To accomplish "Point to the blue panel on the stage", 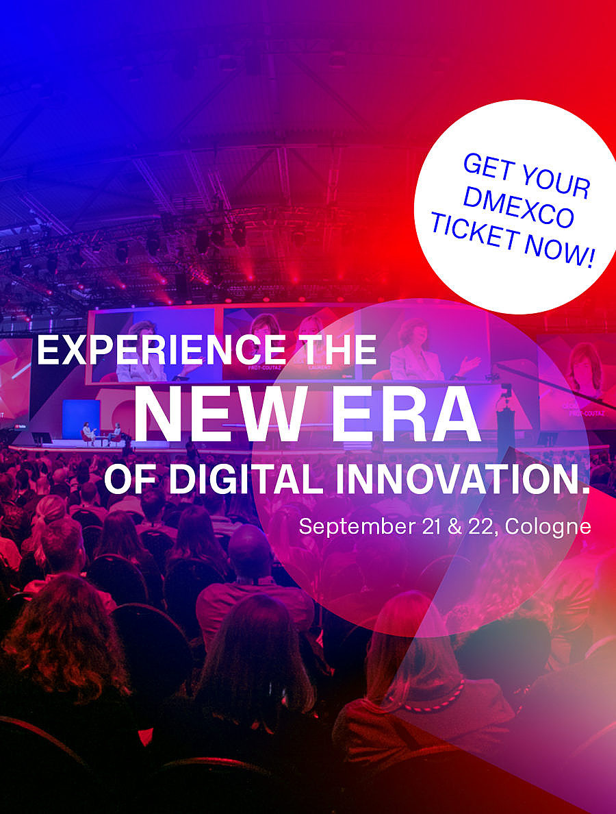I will pyautogui.click(x=81, y=418).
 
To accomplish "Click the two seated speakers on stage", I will pyautogui.click(x=101, y=434).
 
